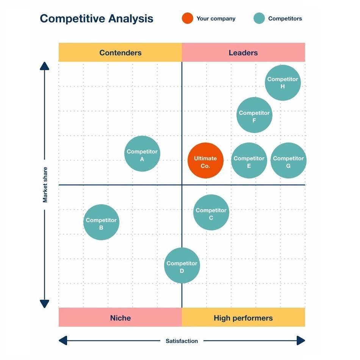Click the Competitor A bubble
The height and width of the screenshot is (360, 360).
(142, 153)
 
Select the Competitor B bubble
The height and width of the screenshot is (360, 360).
(101, 222)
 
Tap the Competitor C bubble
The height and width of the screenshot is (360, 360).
(211, 213)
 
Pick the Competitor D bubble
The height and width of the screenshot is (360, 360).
(182, 266)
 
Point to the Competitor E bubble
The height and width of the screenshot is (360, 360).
(249, 161)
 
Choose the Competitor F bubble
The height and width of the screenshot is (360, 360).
(254, 115)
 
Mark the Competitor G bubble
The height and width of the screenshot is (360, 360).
(288, 161)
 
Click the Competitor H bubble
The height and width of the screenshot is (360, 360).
(283, 83)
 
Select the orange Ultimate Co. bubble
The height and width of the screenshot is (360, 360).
(205, 161)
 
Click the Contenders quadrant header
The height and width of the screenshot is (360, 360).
(120, 53)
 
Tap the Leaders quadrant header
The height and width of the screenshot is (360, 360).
(243, 53)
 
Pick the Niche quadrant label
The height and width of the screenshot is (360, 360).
(120, 318)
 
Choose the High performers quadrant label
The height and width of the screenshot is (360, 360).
(243, 318)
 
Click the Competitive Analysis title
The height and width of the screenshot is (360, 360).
(97, 19)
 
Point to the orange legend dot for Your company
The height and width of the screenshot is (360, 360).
(188, 18)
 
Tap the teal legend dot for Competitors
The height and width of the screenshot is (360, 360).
(259, 18)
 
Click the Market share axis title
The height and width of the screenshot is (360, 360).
(45, 185)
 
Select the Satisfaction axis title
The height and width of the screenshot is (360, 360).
(182, 341)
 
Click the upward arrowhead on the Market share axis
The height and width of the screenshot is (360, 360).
(45, 66)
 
